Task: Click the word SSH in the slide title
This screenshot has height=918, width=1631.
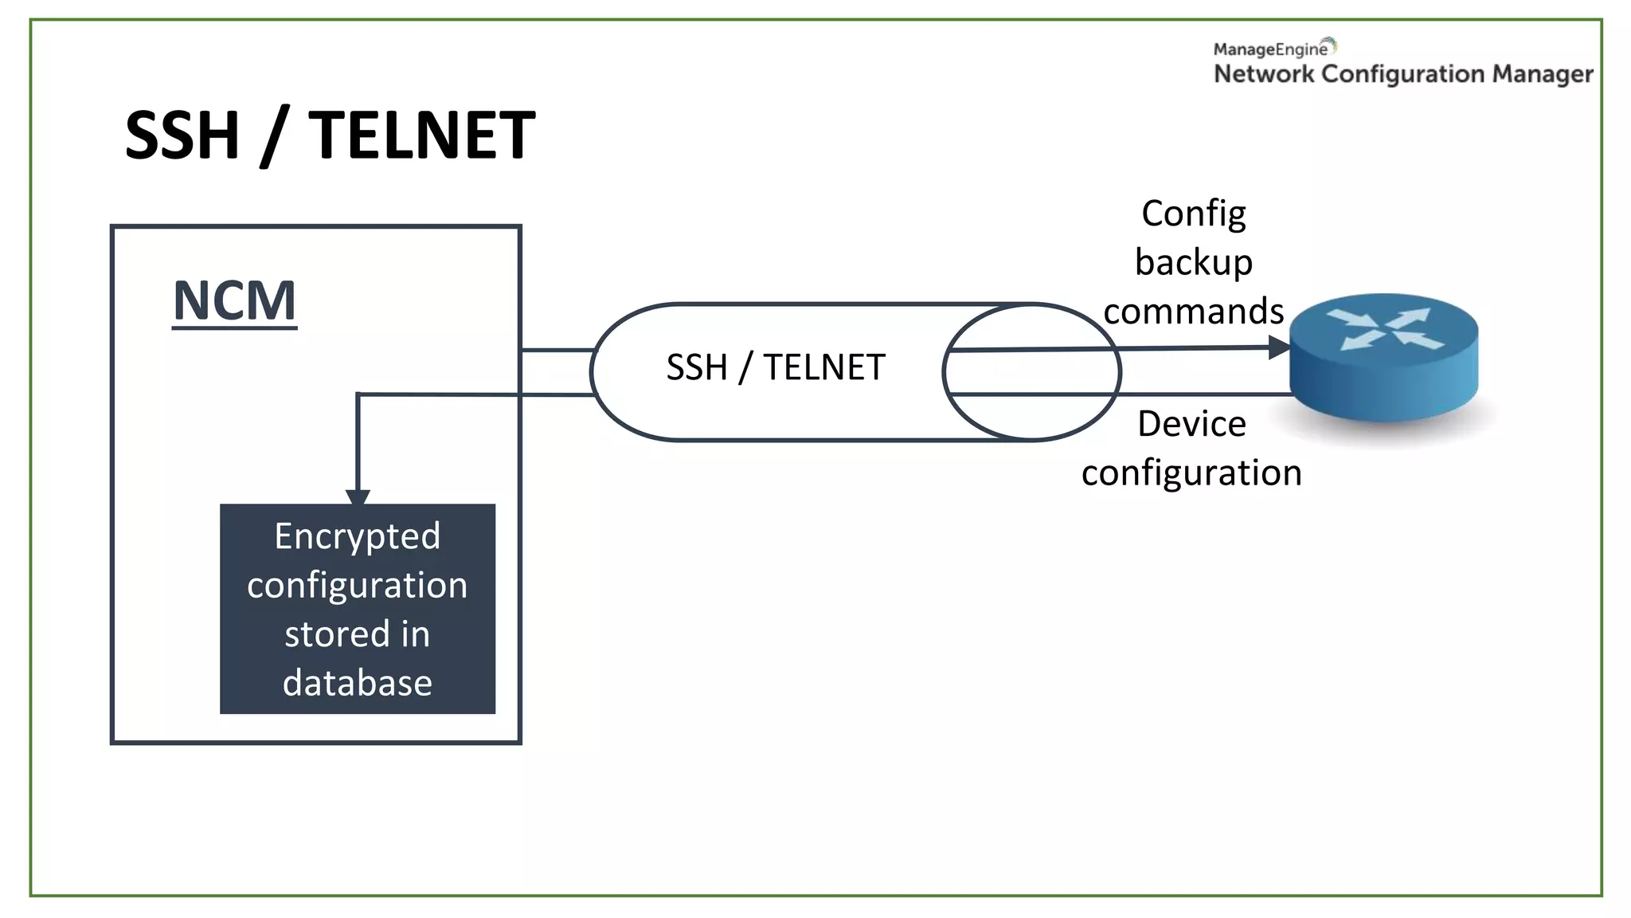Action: click(182, 135)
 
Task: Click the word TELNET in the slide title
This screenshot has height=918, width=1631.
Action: click(421, 135)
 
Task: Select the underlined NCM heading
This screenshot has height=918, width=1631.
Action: click(234, 301)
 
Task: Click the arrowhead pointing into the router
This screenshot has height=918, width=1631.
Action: click(1279, 347)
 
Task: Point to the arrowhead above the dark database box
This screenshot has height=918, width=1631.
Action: click(358, 497)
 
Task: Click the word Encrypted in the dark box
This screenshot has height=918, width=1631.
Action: click(357, 536)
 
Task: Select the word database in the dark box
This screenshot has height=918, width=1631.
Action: click(357, 683)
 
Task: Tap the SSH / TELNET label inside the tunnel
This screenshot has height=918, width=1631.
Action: click(775, 367)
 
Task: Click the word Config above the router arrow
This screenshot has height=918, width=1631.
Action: click(1193, 214)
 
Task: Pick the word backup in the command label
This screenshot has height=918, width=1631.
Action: click(1193, 262)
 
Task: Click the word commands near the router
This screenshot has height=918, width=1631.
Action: click(1193, 311)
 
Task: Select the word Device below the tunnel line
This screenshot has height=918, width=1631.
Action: click(1191, 424)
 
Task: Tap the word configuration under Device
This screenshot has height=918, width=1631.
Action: click(1191, 473)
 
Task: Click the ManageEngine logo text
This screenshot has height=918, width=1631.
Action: click(1270, 49)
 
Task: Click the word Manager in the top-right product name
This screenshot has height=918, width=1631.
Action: click(1542, 74)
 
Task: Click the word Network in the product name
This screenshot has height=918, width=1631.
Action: click(1263, 74)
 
